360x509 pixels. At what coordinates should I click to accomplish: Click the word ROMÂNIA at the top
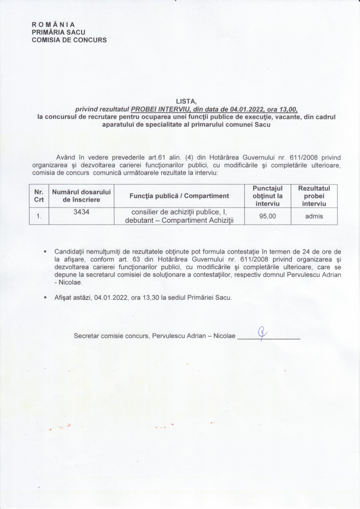coord(53,25)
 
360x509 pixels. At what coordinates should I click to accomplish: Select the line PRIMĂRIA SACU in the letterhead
coord(59,32)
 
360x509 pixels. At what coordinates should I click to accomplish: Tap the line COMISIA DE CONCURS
coord(69,40)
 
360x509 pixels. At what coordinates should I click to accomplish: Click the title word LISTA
coord(186,102)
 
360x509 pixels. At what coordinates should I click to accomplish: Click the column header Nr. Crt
coord(39,196)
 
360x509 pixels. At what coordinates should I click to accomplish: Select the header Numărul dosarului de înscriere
coord(81,196)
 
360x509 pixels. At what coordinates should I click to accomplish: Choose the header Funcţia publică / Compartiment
coord(179,196)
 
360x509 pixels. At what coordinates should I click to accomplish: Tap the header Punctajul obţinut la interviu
coord(267,196)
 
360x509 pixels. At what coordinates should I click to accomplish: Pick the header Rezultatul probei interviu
coord(314,196)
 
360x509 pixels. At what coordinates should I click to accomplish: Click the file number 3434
coord(81,212)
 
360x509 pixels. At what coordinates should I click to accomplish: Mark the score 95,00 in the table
coord(267,216)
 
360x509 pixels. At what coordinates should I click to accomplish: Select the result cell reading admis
coord(314,216)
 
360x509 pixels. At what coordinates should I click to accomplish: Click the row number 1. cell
coord(39,216)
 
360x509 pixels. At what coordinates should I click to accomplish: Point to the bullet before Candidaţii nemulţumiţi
coord(45,251)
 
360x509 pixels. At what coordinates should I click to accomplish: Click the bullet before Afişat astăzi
coord(45,297)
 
